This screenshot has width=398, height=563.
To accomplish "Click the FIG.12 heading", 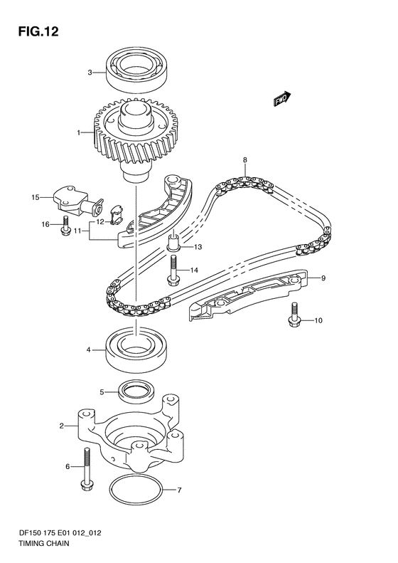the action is point(38,31).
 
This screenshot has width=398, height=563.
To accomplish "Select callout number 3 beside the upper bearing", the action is point(90,73).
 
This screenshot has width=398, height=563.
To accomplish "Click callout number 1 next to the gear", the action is point(78,133).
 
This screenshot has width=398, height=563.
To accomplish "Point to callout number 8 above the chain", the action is point(245,160).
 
